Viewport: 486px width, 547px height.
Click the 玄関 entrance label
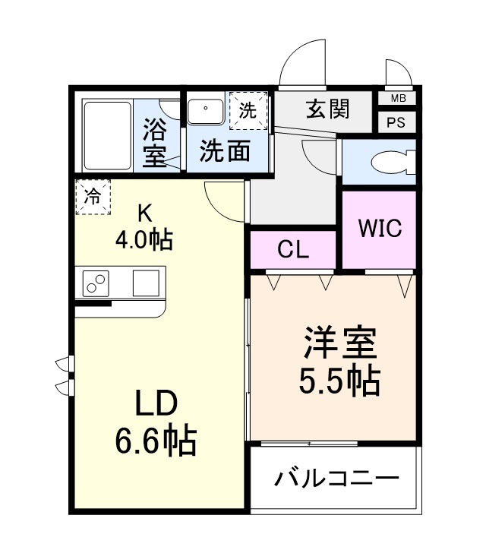(x=328, y=109)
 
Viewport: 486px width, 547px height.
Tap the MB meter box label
(x=398, y=99)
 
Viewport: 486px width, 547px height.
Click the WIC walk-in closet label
(x=380, y=228)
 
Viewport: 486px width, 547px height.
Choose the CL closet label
(x=293, y=251)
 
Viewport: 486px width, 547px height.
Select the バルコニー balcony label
(x=336, y=480)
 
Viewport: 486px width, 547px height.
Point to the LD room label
(x=157, y=402)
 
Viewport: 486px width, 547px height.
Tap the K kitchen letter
(x=144, y=212)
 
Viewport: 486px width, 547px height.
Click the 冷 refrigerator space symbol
(x=93, y=197)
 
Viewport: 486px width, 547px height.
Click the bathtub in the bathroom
(x=107, y=135)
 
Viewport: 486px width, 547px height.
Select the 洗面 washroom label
(x=226, y=151)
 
